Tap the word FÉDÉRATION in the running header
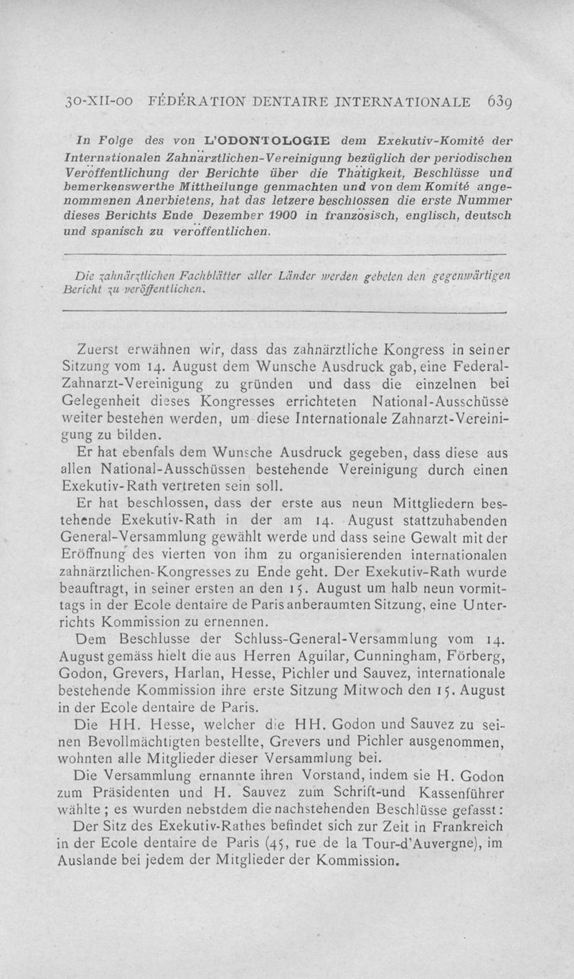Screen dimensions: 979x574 coord(206,101)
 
